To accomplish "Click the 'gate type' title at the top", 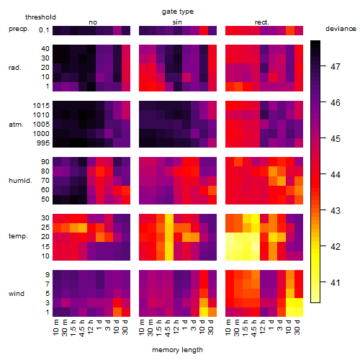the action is [178, 12].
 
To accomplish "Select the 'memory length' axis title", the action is [177, 350].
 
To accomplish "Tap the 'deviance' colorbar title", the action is [341, 29].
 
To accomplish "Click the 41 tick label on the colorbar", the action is [336, 282].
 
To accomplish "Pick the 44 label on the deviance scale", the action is [336, 174].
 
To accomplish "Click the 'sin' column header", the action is [177, 22].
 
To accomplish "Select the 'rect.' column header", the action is [262, 22].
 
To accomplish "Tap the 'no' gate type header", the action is [93, 22].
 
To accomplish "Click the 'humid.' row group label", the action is [20, 181].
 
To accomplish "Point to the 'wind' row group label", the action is [17, 294].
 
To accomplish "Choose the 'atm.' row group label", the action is [16, 125].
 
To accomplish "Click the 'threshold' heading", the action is [40, 17].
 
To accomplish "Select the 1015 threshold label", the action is [41, 105].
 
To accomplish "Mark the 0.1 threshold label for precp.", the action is [44, 30].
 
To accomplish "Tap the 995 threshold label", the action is [43, 143].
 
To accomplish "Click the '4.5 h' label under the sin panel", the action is [168, 328].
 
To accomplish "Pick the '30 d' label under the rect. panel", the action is [297, 327].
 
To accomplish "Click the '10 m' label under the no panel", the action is [55, 327].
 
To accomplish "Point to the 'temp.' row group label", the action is [18, 236].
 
